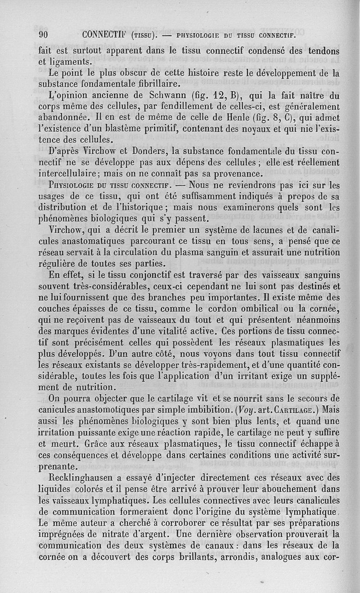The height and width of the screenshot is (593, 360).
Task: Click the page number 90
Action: (x=44, y=35)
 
